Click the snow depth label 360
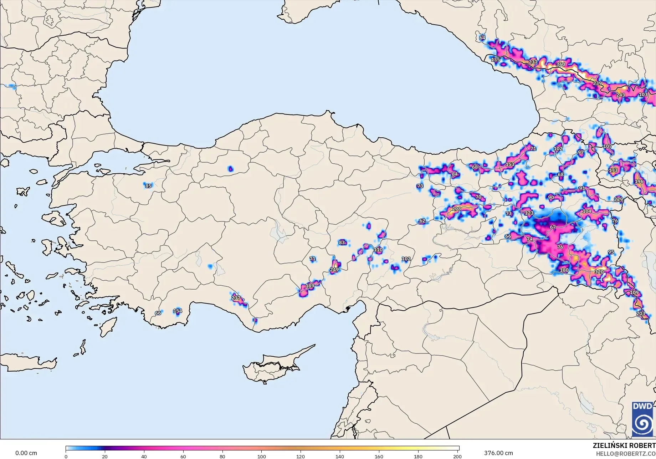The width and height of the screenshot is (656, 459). pyautogui.click(x=561, y=65)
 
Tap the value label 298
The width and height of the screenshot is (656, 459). pyautogui.click(x=456, y=209)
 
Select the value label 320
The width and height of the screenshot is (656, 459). pyautogui.click(x=599, y=272)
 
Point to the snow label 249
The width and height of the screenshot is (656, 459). pyautogui.click(x=334, y=270)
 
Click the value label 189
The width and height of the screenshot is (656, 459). pyautogui.click(x=310, y=286)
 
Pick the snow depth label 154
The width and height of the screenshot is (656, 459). pyautogui.click(x=178, y=311)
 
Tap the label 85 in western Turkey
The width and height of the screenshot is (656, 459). pyautogui.click(x=148, y=186)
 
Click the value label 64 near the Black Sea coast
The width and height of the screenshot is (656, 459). pyautogui.click(x=482, y=38)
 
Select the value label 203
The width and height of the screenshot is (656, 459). pyautogui.click(x=641, y=313)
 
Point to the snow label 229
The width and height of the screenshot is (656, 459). pyautogui.click(x=619, y=199)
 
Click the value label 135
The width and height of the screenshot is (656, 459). pyautogui.click(x=496, y=60)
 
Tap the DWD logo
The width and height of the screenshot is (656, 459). pyautogui.click(x=643, y=419)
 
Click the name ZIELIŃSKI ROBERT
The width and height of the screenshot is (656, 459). pyautogui.click(x=624, y=445)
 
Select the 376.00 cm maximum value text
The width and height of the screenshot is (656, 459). pyautogui.click(x=498, y=453)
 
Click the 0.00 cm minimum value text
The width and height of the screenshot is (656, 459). pyautogui.click(x=26, y=453)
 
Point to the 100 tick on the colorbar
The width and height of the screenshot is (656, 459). pyautogui.click(x=262, y=456)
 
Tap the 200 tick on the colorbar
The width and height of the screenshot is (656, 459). pyautogui.click(x=457, y=456)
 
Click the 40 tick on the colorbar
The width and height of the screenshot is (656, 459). pyautogui.click(x=144, y=456)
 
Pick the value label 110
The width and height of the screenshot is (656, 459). pyautogui.click(x=378, y=250)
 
